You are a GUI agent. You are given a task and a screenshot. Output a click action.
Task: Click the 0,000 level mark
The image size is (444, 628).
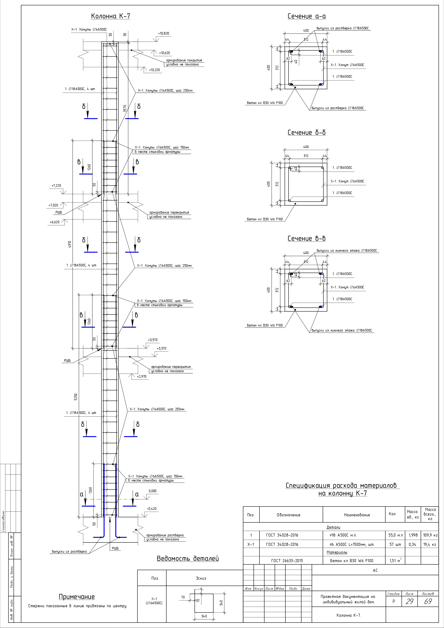tap(152, 491)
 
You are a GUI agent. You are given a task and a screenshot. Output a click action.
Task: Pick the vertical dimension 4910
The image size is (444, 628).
tap(70, 244)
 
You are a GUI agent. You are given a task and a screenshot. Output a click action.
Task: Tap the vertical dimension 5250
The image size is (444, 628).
tap(76, 397)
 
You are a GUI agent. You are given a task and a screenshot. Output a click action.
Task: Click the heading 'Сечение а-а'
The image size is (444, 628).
tap(307, 16)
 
